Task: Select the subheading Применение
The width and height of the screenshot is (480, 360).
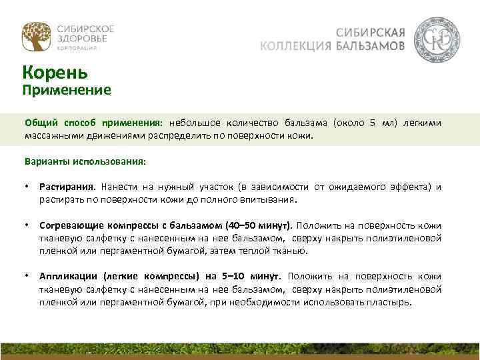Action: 67,89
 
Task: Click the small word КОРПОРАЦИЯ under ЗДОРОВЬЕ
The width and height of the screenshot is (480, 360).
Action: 77,49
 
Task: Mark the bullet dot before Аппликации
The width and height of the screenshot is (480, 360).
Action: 27,276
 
